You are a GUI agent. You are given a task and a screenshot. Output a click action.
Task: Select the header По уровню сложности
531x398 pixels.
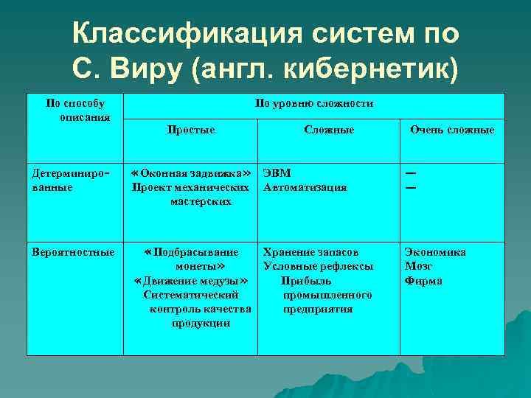tap(314, 104)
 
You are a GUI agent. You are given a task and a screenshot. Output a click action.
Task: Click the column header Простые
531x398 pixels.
tap(191, 130)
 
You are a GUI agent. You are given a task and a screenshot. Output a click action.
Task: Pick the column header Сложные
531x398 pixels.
tap(329, 130)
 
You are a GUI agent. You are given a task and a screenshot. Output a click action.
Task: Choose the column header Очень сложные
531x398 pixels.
tap(452, 130)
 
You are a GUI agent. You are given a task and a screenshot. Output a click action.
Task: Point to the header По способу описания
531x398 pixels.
tap(74, 110)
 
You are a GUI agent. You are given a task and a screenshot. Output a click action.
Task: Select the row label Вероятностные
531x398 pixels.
tap(73, 252)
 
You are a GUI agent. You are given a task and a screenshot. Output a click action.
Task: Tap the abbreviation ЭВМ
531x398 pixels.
tap(277, 173)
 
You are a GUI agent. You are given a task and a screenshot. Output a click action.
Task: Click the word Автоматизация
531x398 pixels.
tap(305, 187)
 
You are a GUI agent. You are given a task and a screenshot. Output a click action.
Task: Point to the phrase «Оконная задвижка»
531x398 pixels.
tap(190, 173)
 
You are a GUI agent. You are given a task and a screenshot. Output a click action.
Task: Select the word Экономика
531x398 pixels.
tap(435, 252)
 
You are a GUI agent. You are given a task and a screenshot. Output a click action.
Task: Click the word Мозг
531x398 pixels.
tap(419, 266)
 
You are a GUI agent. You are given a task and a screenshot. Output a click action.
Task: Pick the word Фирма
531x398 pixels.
tap(423, 281)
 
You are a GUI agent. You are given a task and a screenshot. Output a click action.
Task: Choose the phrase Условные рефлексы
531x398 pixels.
tap(318, 266)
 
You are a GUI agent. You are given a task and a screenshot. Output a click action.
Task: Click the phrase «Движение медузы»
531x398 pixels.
tap(190, 281)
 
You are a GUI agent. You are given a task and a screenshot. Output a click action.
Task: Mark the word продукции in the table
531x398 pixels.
tap(201, 323)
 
